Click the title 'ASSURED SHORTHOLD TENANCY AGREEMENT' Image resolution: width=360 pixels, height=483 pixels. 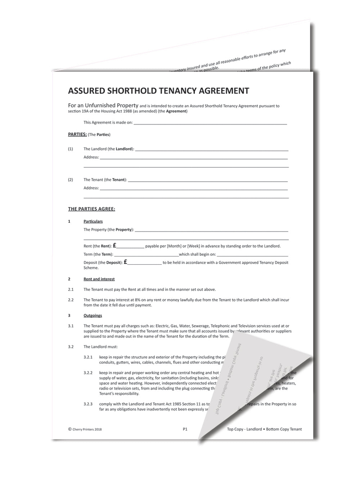tap(158, 91)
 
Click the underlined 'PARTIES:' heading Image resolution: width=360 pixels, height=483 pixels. tap(77, 134)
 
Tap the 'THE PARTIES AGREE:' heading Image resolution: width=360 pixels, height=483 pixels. tap(91, 209)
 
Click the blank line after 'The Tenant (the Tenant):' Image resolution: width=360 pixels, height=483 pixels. tap(208, 180)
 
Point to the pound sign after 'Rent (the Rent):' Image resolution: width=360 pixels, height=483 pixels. tap(114, 245)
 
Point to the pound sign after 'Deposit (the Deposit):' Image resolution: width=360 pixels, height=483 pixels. tap(126, 262)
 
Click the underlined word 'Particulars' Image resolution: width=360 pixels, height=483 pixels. tap(93, 221)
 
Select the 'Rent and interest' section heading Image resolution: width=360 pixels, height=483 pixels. tap(99, 279)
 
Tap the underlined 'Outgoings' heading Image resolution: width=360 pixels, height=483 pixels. tap(93, 316)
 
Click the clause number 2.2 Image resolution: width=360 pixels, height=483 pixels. tap(71, 300)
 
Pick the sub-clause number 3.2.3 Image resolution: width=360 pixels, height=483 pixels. tap(88, 404)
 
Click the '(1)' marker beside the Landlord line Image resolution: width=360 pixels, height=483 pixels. tap(70, 149)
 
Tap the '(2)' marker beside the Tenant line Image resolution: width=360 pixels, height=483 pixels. tap(70, 180)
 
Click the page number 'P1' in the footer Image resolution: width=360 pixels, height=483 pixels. tap(185, 429)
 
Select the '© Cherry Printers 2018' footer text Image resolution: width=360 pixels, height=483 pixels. tap(85, 429)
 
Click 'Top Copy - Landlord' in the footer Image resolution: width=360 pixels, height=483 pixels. tap(244, 429)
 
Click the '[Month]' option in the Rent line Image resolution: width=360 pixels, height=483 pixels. tap(174, 246)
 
